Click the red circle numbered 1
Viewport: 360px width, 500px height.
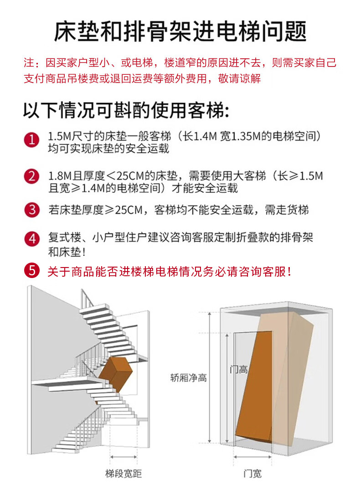pyautogui.click(x=31, y=140)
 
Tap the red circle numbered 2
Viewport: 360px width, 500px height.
pyautogui.click(x=31, y=176)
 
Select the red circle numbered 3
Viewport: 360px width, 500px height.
pyautogui.click(x=32, y=210)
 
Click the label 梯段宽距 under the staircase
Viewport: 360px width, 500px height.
pyautogui.click(x=123, y=474)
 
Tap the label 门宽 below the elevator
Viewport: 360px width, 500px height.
pyautogui.click(x=252, y=474)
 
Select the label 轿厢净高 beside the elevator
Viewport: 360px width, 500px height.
pyautogui.click(x=189, y=378)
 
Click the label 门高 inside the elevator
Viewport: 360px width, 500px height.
pyautogui.click(x=239, y=370)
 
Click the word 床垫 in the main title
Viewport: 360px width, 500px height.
pyautogui.click(x=77, y=32)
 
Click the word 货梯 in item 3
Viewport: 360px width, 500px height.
pyautogui.click(x=298, y=210)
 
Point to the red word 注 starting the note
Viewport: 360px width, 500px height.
pyautogui.click(x=29, y=62)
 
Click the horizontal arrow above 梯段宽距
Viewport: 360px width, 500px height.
pyautogui.click(x=123, y=457)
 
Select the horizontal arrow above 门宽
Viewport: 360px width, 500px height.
pyautogui.click(x=252, y=457)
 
